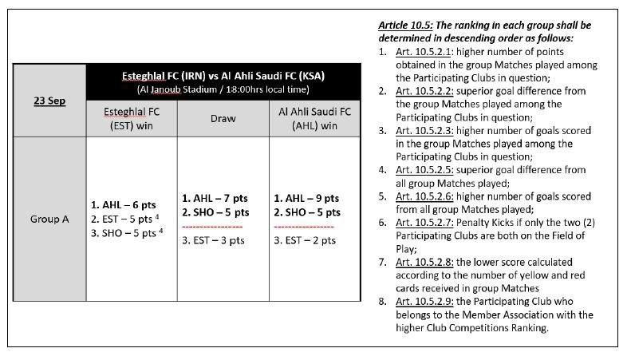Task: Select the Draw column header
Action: coord(223,117)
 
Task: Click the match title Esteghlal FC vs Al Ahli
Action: coord(223,76)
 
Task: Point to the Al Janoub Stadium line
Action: coord(223,89)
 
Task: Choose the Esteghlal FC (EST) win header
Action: coord(132,117)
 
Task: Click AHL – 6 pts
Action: coord(120,204)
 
